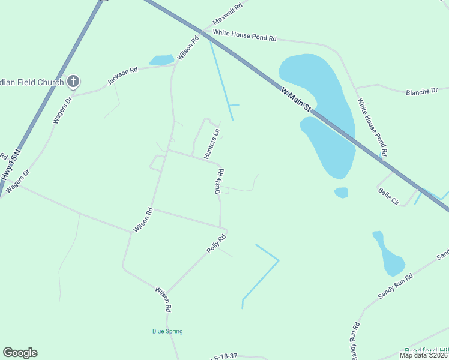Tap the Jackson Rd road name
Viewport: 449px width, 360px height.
122,77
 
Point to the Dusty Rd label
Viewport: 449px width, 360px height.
220,181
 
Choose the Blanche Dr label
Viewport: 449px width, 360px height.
422,92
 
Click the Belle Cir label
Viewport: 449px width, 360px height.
388,197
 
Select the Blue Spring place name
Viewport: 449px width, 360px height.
167,331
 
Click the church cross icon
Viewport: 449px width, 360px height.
73,81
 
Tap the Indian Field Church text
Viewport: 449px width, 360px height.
32,82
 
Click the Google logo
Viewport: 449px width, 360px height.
20,353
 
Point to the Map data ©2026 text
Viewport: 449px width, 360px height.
423,355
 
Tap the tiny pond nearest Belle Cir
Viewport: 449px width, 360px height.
341,192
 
